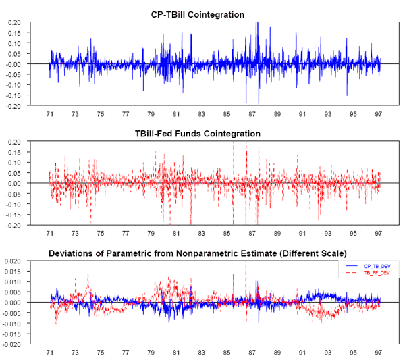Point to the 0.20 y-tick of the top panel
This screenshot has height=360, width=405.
click(14, 22)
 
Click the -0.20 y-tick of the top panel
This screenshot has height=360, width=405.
click(13, 106)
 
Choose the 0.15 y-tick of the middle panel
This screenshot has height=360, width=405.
click(14, 152)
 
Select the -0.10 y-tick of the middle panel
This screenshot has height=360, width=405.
click(13, 204)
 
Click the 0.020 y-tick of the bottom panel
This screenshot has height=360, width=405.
click(13, 261)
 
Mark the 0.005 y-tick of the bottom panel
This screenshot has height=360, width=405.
click(13, 292)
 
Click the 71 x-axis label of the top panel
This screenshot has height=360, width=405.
click(49, 114)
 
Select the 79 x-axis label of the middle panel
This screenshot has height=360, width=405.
click(151, 233)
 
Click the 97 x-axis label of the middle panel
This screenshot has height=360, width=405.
click(379, 233)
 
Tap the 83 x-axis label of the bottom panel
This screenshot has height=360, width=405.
click(202, 353)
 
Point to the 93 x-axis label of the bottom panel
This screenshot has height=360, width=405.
click(329, 353)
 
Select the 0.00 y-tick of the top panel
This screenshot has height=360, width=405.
click(14, 64)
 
